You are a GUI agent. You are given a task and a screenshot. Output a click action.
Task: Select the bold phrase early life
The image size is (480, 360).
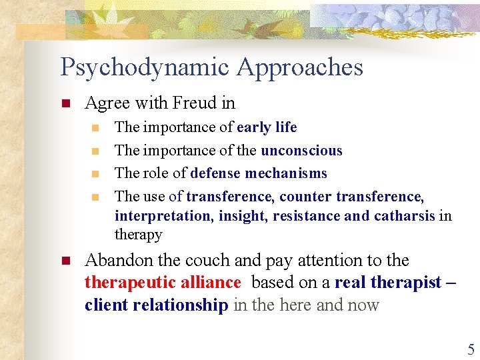tap(267, 127)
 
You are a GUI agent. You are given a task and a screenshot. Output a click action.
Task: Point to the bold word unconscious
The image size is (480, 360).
tap(301, 151)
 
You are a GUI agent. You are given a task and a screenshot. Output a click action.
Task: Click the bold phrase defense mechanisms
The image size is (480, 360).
tap(259, 173)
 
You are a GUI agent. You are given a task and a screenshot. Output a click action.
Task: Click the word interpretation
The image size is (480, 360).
tap(157, 216)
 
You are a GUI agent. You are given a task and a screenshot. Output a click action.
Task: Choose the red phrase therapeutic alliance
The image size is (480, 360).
tap(162, 283)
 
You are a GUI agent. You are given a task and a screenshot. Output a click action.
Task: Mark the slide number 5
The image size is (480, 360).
tap(471, 349)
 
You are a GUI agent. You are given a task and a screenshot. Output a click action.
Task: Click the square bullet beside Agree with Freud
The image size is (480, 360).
tap(65, 104)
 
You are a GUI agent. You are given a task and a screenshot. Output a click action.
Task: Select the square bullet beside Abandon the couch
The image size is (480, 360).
tap(65, 261)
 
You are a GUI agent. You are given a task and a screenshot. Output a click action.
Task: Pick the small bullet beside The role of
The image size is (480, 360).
tap(95, 174)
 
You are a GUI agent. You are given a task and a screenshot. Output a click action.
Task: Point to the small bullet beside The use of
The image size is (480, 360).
tap(95, 197)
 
